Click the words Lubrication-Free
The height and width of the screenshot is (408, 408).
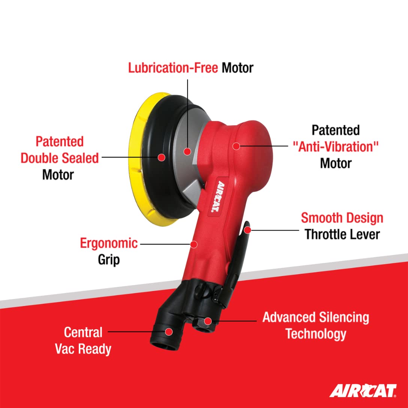pyautogui.click(x=173, y=68)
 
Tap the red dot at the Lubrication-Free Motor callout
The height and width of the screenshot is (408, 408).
pyautogui.click(x=187, y=151)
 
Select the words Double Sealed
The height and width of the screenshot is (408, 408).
pyautogui.click(x=60, y=158)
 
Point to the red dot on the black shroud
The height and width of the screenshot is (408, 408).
pyautogui.click(x=162, y=157)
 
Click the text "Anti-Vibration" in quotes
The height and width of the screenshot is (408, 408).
pyautogui.click(x=335, y=147)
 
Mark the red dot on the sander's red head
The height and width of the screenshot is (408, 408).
pyautogui.click(x=236, y=146)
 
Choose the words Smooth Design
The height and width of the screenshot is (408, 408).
pyautogui.click(x=342, y=218)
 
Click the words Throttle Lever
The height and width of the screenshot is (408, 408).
pyautogui.click(x=342, y=234)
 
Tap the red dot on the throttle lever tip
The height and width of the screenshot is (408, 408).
pyautogui.click(x=247, y=230)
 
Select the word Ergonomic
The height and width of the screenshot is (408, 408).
pyautogui.click(x=109, y=244)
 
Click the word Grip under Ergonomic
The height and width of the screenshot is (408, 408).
pyautogui.click(x=109, y=260)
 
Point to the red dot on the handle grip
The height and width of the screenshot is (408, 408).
pyautogui.click(x=193, y=244)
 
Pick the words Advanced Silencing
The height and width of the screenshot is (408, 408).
pyautogui.click(x=316, y=318)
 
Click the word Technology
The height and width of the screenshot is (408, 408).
pyautogui.click(x=316, y=334)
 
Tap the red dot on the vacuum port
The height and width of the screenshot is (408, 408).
pyautogui.click(x=169, y=332)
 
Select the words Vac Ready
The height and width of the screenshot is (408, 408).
pyautogui.click(x=83, y=349)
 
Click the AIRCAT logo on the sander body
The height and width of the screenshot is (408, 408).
pyautogui.click(x=217, y=197)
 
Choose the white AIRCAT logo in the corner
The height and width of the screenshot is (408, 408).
pyautogui.click(x=363, y=390)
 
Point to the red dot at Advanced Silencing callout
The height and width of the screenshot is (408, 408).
pyautogui.click(x=208, y=321)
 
